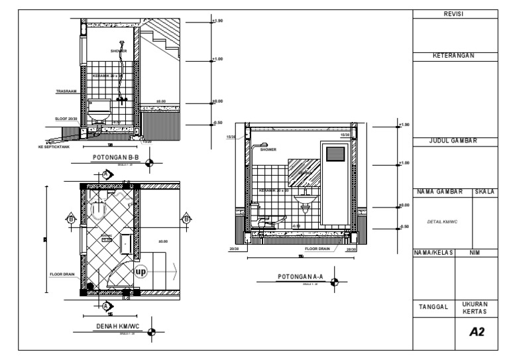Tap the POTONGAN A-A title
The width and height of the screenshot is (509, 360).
300,276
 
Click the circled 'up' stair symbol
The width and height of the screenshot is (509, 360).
141,272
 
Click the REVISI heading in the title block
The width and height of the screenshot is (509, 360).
455,14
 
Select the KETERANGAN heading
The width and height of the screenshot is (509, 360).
455,56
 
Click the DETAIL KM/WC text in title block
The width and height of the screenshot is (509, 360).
437,222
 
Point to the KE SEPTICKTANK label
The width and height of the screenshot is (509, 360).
54,147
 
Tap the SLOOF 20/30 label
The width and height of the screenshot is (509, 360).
66,119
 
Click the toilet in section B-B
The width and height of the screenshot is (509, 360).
99,111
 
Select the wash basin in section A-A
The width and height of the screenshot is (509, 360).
306,198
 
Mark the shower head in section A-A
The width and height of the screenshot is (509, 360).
263,144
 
